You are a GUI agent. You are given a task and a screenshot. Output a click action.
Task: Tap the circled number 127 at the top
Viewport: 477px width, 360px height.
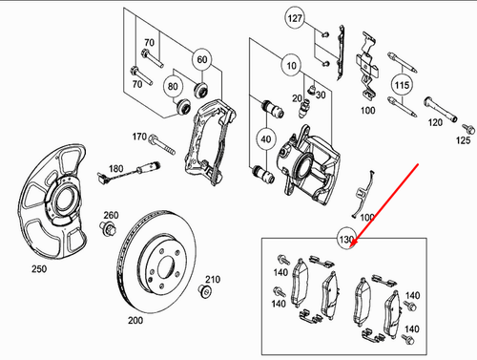[296, 18]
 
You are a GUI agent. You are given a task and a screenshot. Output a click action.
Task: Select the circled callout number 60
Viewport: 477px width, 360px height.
[201, 59]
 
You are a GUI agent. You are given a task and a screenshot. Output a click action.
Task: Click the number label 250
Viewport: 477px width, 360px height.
[39, 270]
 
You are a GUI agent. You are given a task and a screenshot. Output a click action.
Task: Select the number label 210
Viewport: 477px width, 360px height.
[213, 279]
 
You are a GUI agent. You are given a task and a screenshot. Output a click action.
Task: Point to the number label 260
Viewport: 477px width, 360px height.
[111, 214]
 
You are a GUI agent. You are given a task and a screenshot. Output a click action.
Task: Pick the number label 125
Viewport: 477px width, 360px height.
[465, 140]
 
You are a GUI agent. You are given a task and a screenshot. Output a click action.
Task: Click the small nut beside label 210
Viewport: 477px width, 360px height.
[203, 292]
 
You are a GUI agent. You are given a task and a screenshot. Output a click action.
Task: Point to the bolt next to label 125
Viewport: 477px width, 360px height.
[467, 127]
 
